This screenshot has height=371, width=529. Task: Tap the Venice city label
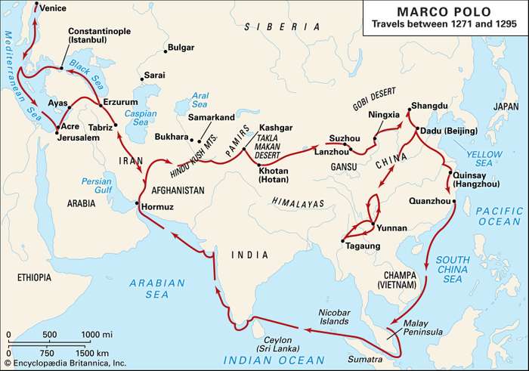tap(53, 8)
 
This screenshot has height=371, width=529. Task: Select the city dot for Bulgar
tap(165, 52)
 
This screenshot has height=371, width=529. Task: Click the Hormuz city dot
tap(136, 203)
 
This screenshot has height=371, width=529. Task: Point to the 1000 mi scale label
tap(96, 334)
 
